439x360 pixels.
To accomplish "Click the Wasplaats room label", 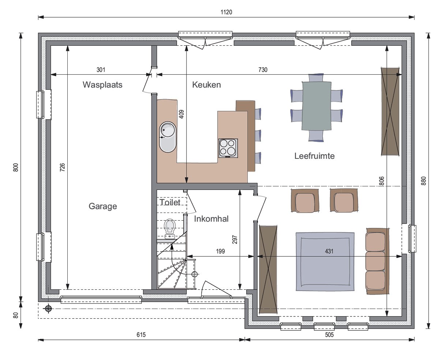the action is pyautogui.click(x=102, y=85).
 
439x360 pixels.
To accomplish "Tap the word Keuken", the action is pyautogui.click(x=206, y=85).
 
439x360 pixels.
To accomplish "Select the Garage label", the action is pyautogui.click(x=103, y=206).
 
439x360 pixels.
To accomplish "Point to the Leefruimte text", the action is pyautogui.click(x=314, y=156).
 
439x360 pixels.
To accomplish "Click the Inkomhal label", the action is pyautogui.click(x=211, y=219).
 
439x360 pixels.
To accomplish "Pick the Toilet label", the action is pyautogui.click(x=170, y=202).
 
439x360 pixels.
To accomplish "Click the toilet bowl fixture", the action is pyautogui.click(x=170, y=229).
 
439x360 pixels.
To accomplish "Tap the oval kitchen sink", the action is pyautogui.click(x=168, y=137).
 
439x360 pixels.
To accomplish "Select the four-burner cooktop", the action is pyautogui.click(x=228, y=148).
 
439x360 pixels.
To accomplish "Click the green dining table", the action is pyautogui.click(x=316, y=106).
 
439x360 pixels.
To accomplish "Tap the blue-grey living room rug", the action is pyautogui.click(x=325, y=262).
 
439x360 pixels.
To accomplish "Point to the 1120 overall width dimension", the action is pyautogui.click(x=226, y=12).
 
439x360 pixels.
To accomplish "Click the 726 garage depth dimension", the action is pyautogui.click(x=63, y=168).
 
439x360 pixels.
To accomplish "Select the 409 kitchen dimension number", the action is pyautogui.click(x=181, y=114).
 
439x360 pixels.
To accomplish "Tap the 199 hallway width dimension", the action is pyautogui.click(x=221, y=251).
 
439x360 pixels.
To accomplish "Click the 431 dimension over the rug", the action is pyautogui.click(x=329, y=251).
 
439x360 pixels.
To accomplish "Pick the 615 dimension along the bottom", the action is pyautogui.click(x=141, y=335).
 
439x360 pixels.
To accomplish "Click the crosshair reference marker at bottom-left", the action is pyautogui.click(x=48, y=308).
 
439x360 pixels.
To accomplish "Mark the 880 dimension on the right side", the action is pyautogui.click(x=423, y=181).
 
